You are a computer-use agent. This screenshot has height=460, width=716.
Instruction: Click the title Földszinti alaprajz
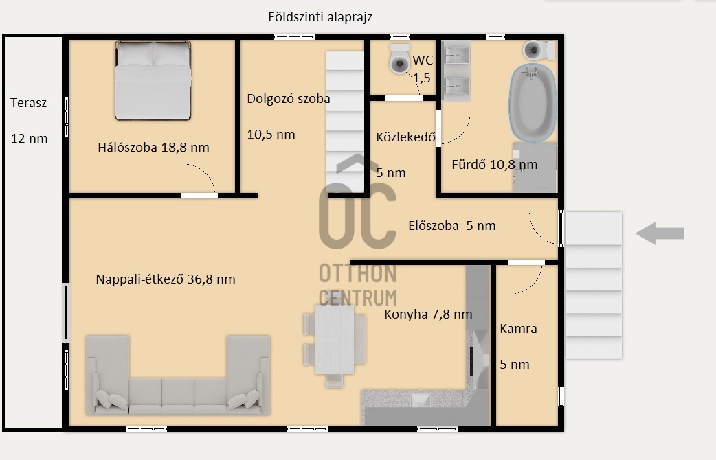320,17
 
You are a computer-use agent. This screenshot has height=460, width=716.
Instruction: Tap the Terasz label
28,103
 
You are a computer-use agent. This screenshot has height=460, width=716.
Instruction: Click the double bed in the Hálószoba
153,80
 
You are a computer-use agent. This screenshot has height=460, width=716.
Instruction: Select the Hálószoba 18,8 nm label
153,148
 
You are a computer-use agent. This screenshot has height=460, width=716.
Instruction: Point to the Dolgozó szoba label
288,99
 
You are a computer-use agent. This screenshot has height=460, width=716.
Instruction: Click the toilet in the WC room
399,58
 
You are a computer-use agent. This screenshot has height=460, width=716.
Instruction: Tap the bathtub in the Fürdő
533,103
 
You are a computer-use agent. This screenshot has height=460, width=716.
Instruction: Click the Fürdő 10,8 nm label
495,164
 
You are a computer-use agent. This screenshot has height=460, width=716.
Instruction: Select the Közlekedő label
405,137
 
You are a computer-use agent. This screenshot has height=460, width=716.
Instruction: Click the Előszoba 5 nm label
452,225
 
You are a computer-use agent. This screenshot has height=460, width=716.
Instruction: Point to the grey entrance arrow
660,233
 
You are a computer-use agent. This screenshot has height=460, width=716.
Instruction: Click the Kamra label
518,329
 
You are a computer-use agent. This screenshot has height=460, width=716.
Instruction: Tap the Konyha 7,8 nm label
428,314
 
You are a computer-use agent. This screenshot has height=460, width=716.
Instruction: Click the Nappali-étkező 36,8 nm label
166,279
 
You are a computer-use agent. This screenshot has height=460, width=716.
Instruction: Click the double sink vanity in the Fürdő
456,71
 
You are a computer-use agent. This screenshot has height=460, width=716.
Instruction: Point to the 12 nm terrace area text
30,138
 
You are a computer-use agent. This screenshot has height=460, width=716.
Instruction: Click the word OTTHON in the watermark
357,274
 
